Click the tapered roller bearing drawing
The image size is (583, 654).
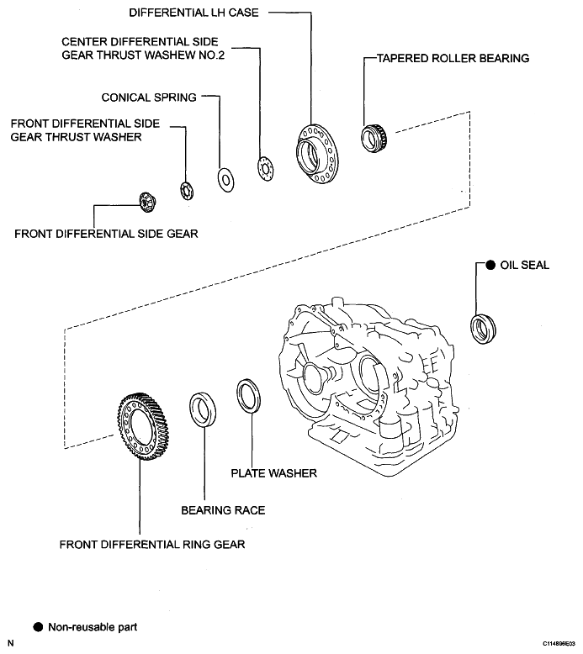pos(374,138)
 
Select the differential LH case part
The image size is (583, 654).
pos(318,154)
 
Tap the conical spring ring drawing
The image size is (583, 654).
pos(225,180)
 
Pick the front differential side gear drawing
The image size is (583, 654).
pos(147,203)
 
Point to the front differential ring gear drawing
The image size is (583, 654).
pos(142,426)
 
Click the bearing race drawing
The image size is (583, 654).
pos(203,409)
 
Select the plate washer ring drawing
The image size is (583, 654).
pos(249,396)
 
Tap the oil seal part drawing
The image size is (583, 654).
pos(483,330)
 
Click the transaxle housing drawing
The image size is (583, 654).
pos(369,386)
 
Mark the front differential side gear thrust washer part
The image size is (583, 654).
pos(187,191)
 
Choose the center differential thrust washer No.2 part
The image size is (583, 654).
pos(265,168)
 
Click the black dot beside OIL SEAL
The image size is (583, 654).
pos(490,265)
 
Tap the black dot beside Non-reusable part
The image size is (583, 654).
pos(38,627)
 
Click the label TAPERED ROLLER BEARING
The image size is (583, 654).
pos(453,58)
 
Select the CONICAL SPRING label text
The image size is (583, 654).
pos(149,98)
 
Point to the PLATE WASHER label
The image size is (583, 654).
pos(273,473)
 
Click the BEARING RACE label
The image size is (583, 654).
pos(223,510)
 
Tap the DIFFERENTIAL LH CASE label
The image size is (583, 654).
pos(194,13)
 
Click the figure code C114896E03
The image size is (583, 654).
pos(559,644)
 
